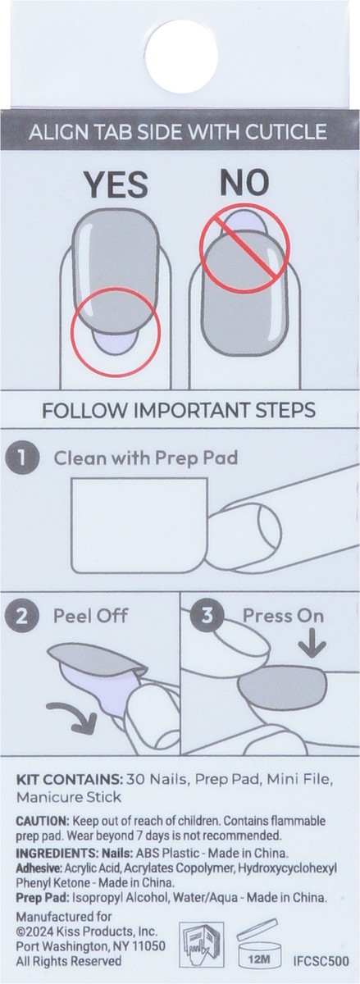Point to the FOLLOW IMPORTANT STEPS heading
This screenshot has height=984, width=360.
click(x=180, y=410)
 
